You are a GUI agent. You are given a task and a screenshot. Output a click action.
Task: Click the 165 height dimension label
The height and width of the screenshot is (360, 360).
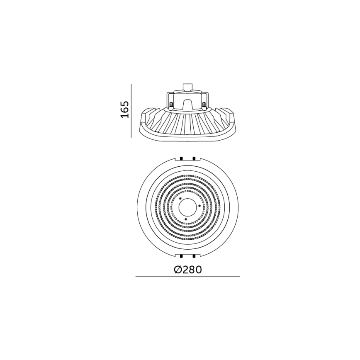pyautogui.click(x=125, y=109)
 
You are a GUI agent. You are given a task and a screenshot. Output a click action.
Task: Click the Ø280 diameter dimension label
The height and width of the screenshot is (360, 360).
pyautogui.click(x=187, y=270)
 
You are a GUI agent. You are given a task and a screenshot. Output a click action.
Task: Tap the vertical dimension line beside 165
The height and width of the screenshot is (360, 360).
pyautogui.click(x=131, y=111)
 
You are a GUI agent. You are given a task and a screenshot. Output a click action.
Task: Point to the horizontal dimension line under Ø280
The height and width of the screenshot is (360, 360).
pyautogui.click(x=187, y=276)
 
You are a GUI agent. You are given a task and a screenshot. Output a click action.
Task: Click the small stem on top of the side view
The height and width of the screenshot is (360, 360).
pyautogui.click(x=187, y=88)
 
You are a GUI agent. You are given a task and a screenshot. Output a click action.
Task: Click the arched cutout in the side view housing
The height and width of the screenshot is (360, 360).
pyautogui.click(x=187, y=104)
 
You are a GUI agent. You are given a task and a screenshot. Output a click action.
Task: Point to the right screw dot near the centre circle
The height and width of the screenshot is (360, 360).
pyautogui.click(x=199, y=206)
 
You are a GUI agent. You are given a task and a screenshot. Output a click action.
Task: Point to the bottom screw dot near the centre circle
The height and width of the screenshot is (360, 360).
pyautogui.click(x=186, y=218)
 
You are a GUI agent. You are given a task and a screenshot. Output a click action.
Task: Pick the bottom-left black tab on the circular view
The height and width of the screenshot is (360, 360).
pyautogui.click(x=181, y=256)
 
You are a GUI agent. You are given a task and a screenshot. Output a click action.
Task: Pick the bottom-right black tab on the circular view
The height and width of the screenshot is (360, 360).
pyautogui.click(x=194, y=256)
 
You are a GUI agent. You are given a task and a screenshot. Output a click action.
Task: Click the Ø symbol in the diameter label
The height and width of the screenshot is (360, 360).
pyautogui.click(x=177, y=270)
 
